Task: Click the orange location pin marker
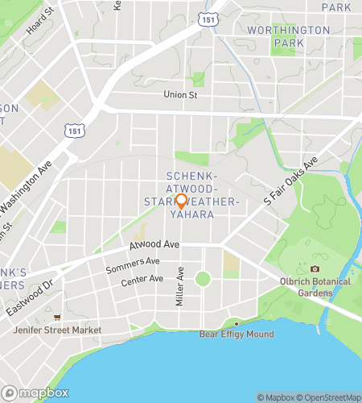click(181, 201)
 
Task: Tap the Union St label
click(180, 95)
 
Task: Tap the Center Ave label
click(142, 280)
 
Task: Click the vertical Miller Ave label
click(180, 286)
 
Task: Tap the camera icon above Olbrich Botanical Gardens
click(315, 269)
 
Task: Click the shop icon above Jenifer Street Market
click(57, 318)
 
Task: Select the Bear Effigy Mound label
click(237, 334)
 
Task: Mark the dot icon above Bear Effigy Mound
click(237, 323)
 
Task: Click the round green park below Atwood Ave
click(203, 279)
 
